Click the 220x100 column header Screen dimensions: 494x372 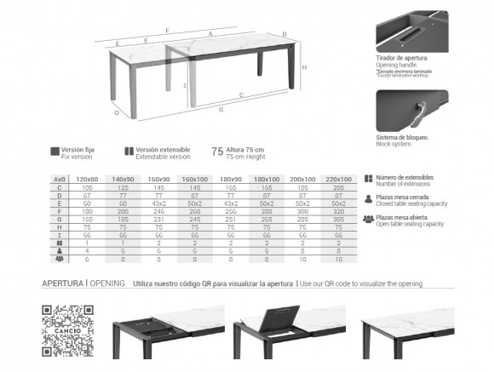click(338, 180)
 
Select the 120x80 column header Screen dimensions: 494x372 click(88, 180)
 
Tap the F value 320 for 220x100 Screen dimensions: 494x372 click(338, 213)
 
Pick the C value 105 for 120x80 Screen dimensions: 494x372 click(88, 188)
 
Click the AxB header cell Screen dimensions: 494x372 click(60, 180)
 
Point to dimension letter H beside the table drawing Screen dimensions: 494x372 click(305, 67)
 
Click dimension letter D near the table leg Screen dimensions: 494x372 click(117, 112)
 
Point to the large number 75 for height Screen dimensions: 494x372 click(216, 152)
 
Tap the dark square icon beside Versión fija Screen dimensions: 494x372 click(55, 151)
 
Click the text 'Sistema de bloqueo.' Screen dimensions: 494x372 click(401, 137)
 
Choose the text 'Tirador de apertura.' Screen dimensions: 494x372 click(401, 58)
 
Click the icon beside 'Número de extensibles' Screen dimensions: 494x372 click(368, 180)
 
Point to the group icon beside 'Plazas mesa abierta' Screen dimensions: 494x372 click(368, 219)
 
